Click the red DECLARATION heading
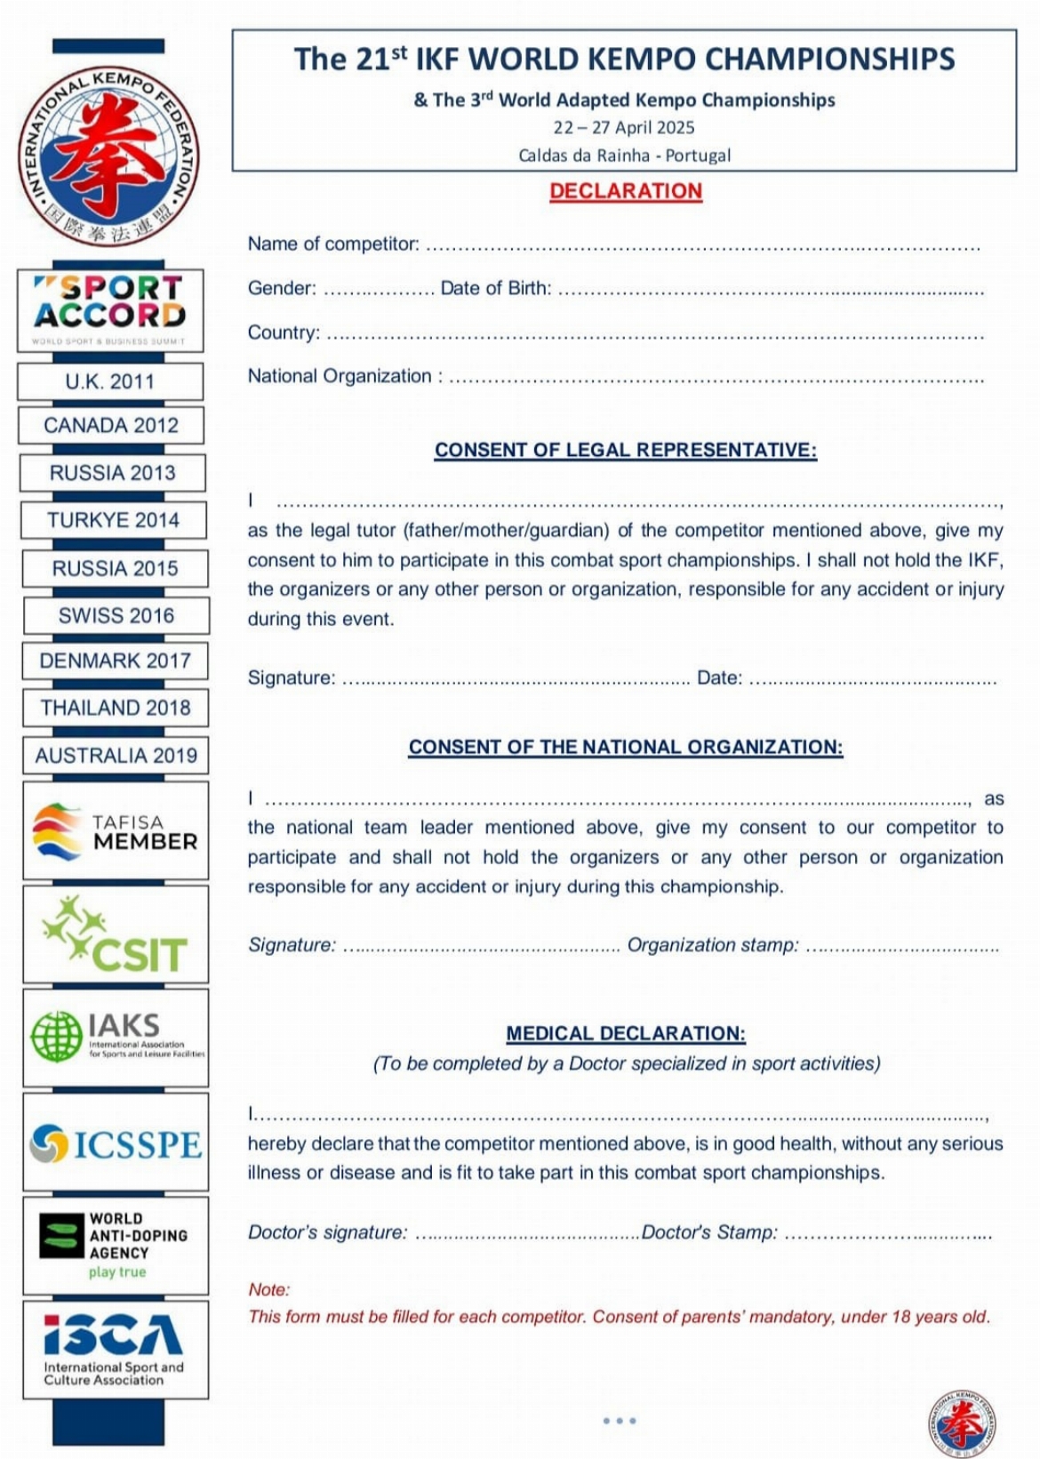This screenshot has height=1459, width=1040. pos(625,191)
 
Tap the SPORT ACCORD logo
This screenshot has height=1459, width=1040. pos(110,309)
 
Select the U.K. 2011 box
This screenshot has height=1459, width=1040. pos(110,381)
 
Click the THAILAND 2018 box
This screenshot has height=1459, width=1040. pos(116,708)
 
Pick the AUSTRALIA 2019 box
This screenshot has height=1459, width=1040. pos(116,755)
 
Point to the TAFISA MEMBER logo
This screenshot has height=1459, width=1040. pos(116,831)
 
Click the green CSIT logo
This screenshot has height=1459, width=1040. pos(116,934)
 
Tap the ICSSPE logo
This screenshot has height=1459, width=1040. pos(116,1143)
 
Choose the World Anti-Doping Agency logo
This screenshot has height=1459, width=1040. pos(116,1245)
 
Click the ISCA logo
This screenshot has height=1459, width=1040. pos(115,1348)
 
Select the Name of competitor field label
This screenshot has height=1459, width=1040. pos(333,244)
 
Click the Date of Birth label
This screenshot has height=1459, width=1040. pos(495,288)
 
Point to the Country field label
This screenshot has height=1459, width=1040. pos(284,333)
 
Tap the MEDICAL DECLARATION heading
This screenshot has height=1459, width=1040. pos(626,1033)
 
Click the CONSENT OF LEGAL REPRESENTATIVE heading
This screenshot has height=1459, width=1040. pos(626,450)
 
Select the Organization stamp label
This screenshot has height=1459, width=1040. pos(713,945)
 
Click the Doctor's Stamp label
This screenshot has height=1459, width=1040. pos(709,1232)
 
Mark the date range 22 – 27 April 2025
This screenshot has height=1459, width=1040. pos(624,127)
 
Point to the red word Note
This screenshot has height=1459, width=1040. pos(268,1289)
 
